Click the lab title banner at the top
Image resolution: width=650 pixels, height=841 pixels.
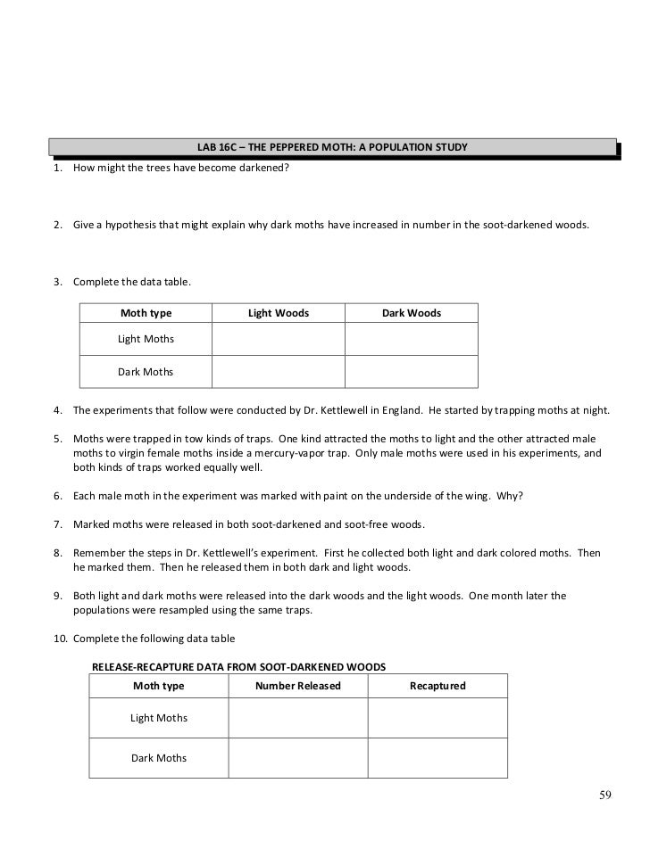coord(332,146)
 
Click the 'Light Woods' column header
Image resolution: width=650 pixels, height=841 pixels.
coord(279,313)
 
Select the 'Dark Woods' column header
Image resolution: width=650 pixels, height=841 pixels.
coord(412,313)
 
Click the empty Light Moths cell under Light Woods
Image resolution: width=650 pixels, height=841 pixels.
coord(279,339)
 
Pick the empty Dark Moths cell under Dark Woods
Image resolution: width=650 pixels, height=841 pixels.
coord(412,372)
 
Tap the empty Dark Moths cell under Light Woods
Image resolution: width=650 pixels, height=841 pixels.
coord(279,372)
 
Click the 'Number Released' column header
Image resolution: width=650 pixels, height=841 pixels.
coord(298,686)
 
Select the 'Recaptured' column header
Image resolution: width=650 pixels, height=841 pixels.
coord(437,686)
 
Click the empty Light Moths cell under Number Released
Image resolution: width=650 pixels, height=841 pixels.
coord(298,718)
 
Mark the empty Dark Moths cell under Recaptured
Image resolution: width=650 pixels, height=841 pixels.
coord(437,758)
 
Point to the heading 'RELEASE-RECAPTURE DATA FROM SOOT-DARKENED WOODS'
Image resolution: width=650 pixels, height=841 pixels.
coord(238,666)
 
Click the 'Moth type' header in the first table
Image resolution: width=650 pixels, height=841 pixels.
coord(146,313)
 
